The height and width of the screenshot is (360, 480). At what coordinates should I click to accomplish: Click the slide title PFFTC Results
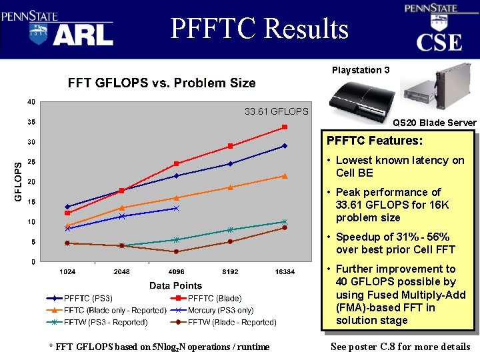pyautogui.click(x=259, y=29)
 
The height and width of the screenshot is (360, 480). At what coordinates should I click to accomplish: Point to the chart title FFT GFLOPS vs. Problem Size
pyautogui.click(x=161, y=83)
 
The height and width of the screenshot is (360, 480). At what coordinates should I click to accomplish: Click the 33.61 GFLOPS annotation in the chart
pyautogui.click(x=276, y=111)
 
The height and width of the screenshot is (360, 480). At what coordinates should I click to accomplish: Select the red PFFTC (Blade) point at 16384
pyautogui.click(x=285, y=127)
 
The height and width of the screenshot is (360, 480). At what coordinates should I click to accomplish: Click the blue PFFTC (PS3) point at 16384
pyautogui.click(x=285, y=146)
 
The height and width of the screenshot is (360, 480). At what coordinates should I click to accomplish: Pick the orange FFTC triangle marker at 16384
pyautogui.click(x=285, y=176)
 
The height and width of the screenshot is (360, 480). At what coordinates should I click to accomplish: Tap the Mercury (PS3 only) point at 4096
pyautogui.click(x=176, y=209)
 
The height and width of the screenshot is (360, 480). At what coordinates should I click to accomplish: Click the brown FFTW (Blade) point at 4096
pyautogui.click(x=176, y=251)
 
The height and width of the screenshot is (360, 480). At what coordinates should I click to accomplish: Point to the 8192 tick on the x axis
pyautogui.click(x=230, y=272)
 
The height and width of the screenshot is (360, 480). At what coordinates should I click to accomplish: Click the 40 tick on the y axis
pyautogui.click(x=31, y=102)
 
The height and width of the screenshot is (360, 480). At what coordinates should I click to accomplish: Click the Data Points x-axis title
pyautogui.click(x=176, y=285)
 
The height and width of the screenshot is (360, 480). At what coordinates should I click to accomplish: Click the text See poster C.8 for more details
pyautogui.click(x=400, y=347)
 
